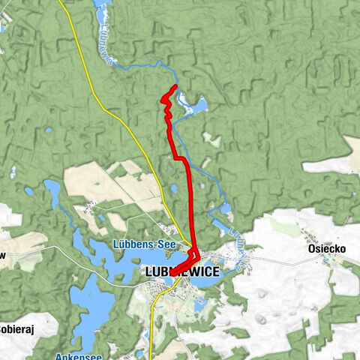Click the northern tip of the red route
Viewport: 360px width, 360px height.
coord(175,87)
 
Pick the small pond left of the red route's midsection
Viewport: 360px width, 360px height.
coord(174,189)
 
